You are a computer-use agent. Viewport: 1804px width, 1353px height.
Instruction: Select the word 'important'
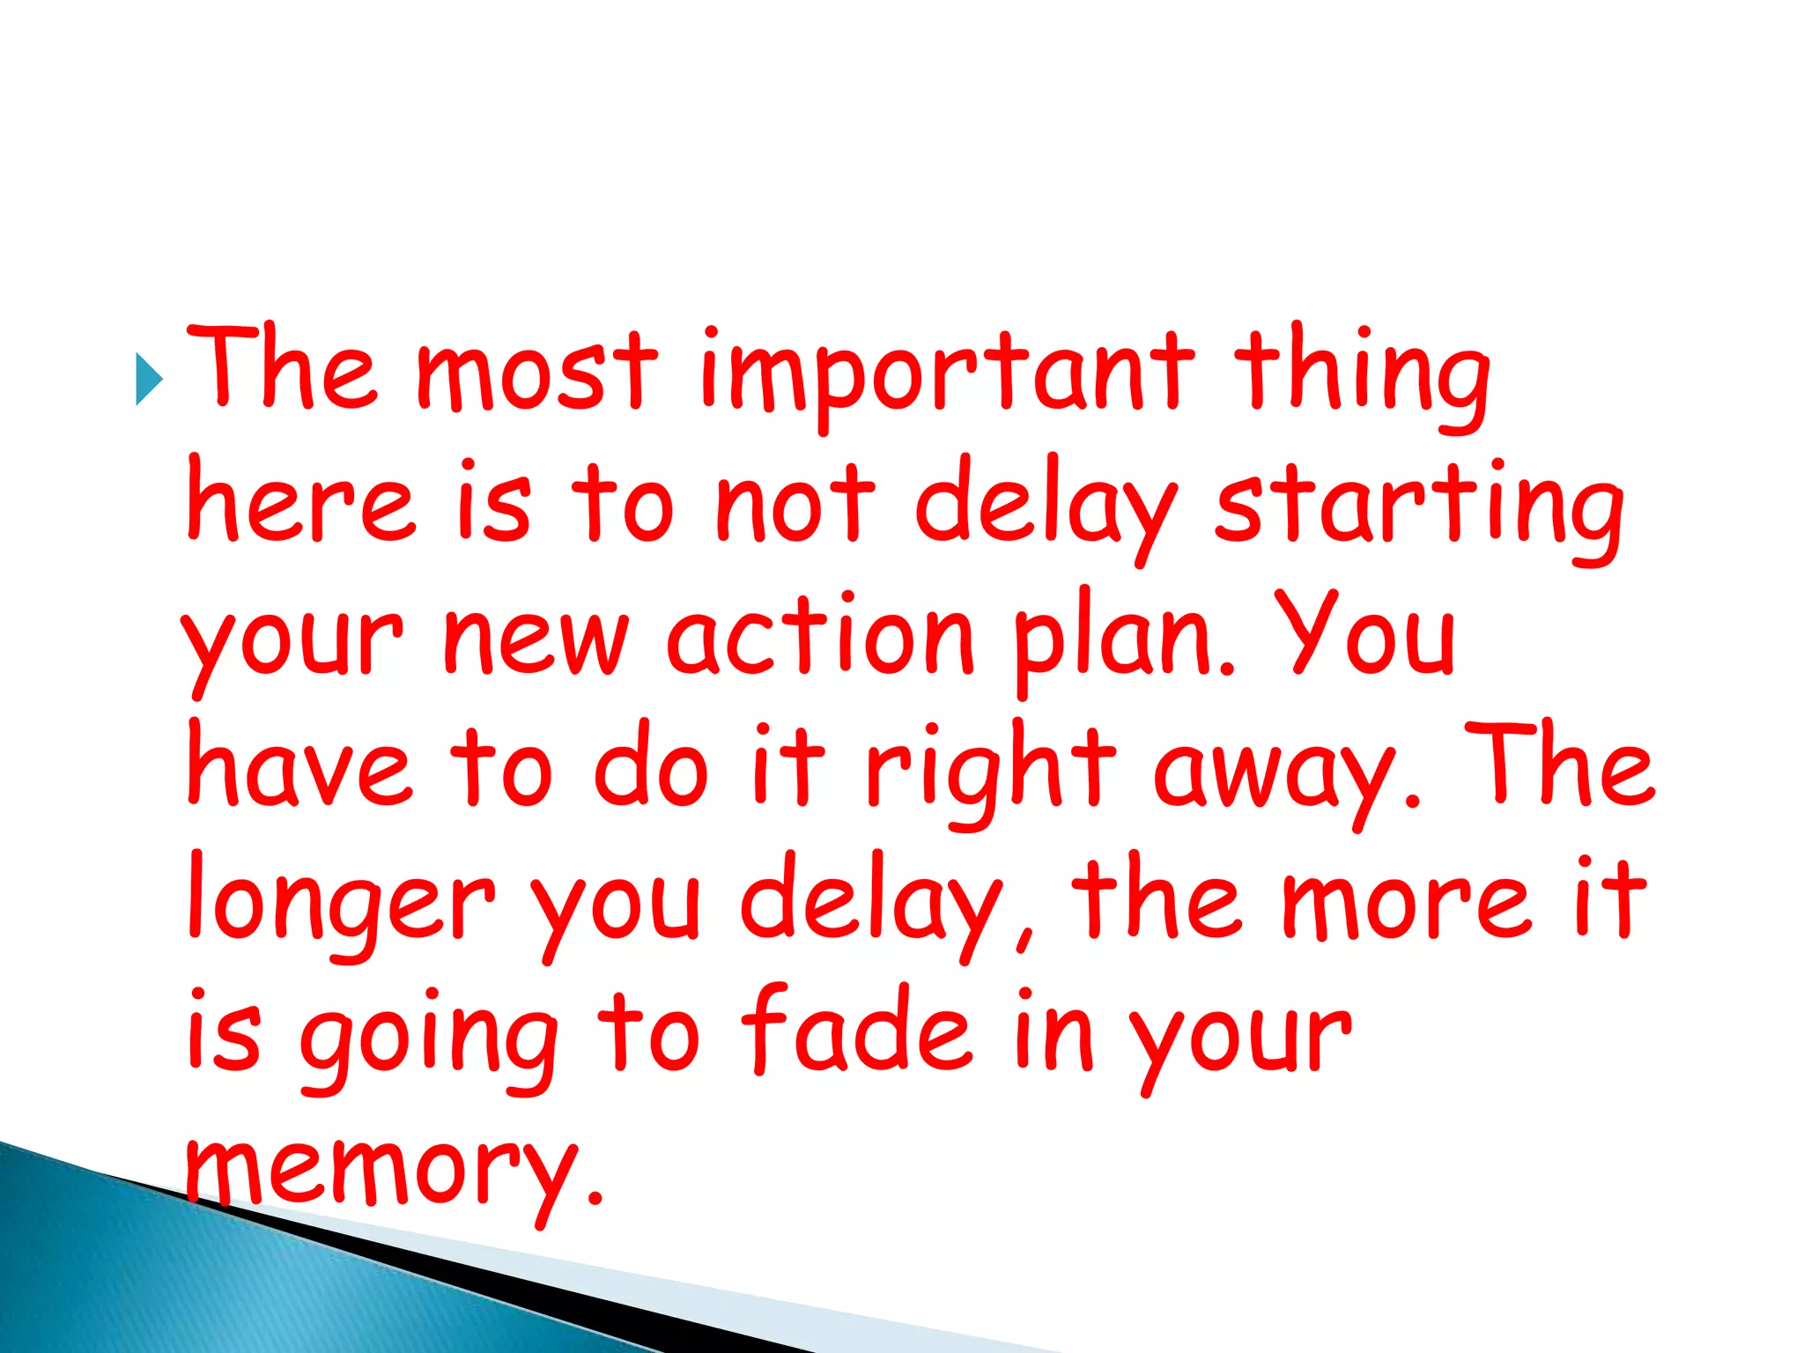coord(947,374)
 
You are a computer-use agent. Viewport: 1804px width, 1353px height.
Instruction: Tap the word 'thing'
coord(1361,374)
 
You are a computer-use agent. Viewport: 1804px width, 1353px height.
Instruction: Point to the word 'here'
coord(299,502)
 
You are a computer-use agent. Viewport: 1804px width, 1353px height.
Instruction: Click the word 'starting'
coord(1418,506)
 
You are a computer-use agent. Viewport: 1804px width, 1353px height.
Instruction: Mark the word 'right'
coord(991,771)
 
